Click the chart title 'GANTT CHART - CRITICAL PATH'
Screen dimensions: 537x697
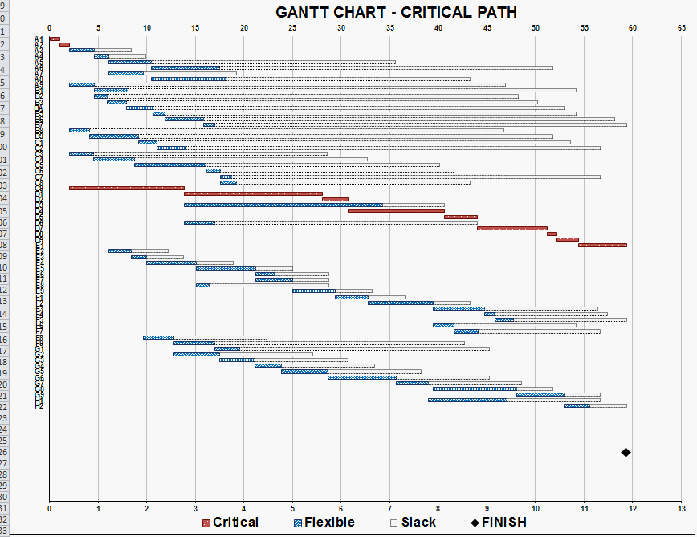pyautogui.click(x=396, y=12)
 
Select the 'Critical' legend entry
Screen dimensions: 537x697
pyautogui.click(x=230, y=523)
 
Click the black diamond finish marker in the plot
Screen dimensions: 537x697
pyautogui.click(x=626, y=453)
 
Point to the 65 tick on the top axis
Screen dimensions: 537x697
pyautogui.click(x=682, y=27)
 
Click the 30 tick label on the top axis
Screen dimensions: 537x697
pyautogui.click(x=341, y=27)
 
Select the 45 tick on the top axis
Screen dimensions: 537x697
pyautogui.click(x=487, y=27)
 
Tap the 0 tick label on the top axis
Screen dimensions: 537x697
pyautogui.click(x=50, y=27)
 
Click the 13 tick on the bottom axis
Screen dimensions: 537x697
pyautogui.click(x=682, y=509)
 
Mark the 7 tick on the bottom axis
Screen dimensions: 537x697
pyautogui.click(x=390, y=509)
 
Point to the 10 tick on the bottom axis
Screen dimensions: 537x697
pyautogui.click(x=536, y=509)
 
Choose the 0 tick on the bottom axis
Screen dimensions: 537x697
pyautogui.click(x=50, y=509)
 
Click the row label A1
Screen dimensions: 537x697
pyautogui.click(x=39, y=39)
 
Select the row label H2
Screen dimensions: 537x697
pyautogui.click(x=39, y=406)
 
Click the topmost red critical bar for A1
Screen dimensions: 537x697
pyautogui.click(x=55, y=39)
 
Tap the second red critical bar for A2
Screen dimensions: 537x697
pyautogui.click(x=64, y=45)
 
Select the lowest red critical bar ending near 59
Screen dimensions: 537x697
pyautogui.click(x=602, y=245)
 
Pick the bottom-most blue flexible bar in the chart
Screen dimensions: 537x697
pyautogui.click(x=577, y=405)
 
